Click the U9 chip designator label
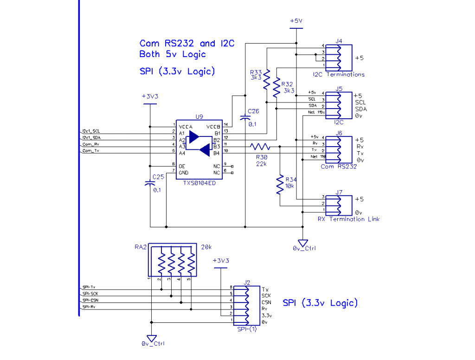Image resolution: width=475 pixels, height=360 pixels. click(x=199, y=117)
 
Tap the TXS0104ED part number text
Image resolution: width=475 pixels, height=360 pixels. click(x=199, y=183)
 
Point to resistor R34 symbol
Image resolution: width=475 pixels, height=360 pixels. click(x=280, y=184)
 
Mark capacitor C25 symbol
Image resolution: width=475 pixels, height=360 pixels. click(x=150, y=184)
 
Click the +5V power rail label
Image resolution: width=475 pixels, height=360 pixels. click(x=296, y=21)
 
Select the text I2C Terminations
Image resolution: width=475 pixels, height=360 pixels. click(x=338, y=74)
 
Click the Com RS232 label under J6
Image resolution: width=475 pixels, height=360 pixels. click(x=339, y=166)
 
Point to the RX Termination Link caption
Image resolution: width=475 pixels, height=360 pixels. click(x=348, y=219)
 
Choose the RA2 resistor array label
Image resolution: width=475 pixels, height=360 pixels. click(x=141, y=247)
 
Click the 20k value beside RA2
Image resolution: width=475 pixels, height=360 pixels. click(x=207, y=247)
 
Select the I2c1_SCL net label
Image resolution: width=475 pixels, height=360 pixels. click(x=91, y=131)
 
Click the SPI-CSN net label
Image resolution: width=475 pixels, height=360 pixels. click(x=90, y=300)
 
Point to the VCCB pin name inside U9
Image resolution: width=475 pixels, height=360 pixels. click(x=213, y=126)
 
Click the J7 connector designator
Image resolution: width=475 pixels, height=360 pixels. click(x=339, y=192)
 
